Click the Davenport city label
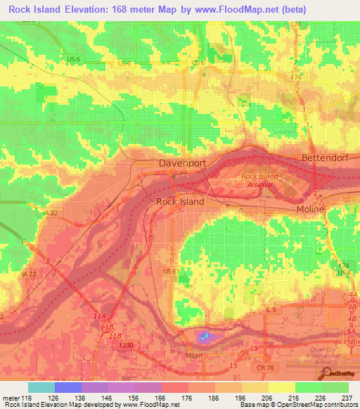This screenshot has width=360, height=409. click(x=181, y=163)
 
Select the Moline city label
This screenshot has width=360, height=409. click(x=309, y=209)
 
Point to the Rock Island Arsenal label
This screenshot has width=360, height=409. click(x=260, y=180)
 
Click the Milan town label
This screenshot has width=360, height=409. click(x=193, y=356)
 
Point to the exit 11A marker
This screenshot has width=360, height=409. click(x=100, y=318)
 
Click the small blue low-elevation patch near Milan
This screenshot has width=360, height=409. click(x=203, y=337)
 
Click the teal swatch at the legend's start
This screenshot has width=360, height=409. click(x=41, y=387)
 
